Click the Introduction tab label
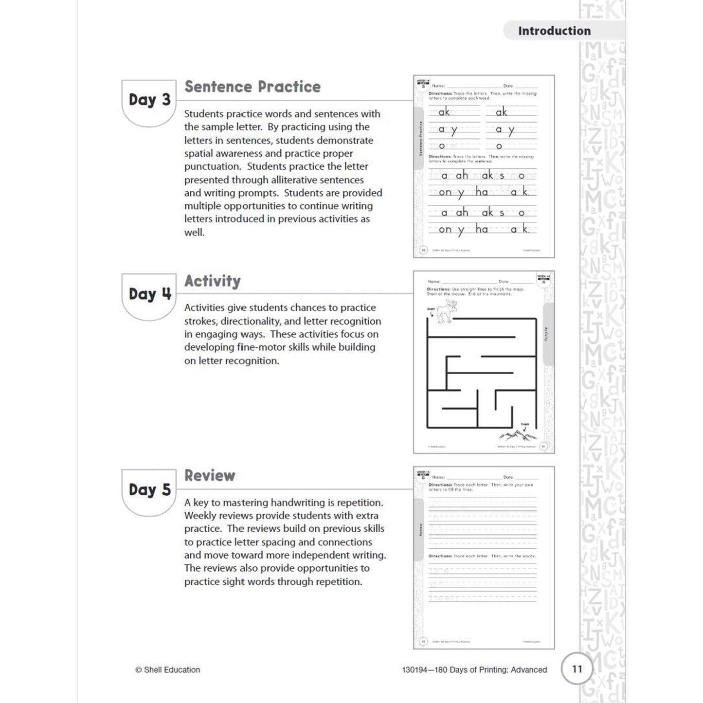pyautogui.click(x=554, y=31)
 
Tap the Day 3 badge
pyautogui.click(x=149, y=100)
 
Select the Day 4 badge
pyautogui.click(x=149, y=294)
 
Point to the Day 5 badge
pyautogui.click(x=149, y=490)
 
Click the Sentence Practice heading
pyautogui.click(x=252, y=87)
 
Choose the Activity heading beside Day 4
pyautogui.click(x=213, y=281)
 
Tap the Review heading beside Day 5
pyautogui.click(x=210, y=475)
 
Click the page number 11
pyautogui.click(x=577, y=669)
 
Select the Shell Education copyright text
pyautogui.click(x=167, y=670)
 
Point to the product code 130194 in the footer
pyautogui.click(x=414, y=670)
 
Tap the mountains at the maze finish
pyautogui.click(x=517, y=434)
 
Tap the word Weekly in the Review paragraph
pyautogui.click(x=200, y=516)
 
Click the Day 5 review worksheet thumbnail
pyautogui.click(x=484, y=558)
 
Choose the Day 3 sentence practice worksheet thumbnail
pyautogui.click(x=484, y=166)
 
